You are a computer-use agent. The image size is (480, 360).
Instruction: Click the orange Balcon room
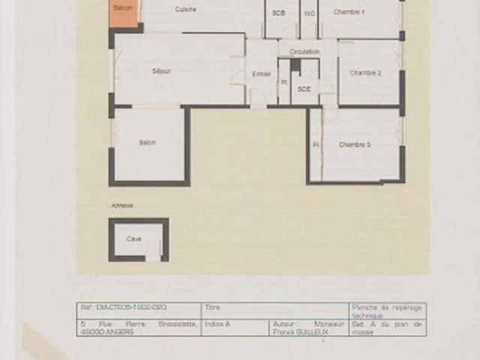(124, 11)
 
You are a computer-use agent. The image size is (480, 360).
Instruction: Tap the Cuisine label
(186, 9)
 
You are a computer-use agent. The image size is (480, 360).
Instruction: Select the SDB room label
(279, 13)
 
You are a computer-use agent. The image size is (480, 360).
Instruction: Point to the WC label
(308, 13)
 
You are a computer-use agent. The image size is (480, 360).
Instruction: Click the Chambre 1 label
(349, 13)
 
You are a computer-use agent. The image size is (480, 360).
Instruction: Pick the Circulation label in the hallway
(304, 52)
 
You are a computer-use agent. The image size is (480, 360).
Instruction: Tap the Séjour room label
(161, 71)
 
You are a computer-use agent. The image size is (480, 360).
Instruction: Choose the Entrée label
(262, 73)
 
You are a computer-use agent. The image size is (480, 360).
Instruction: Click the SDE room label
(304, 88)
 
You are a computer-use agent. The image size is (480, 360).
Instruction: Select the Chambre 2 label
(366, 73)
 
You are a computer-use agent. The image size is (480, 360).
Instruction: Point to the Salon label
(147, 142)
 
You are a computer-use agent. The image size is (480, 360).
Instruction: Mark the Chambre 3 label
(355, 144)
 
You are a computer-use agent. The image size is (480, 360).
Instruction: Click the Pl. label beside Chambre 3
(316, 144)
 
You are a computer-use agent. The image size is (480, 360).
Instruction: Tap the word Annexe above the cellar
(121, 205)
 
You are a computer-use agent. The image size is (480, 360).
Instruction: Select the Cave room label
(133, 239)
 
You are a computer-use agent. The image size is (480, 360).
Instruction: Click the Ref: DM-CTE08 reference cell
(124, 307)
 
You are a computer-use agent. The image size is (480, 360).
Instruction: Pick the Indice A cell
(218, 323)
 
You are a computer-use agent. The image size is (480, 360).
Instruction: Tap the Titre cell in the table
(213, 307)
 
